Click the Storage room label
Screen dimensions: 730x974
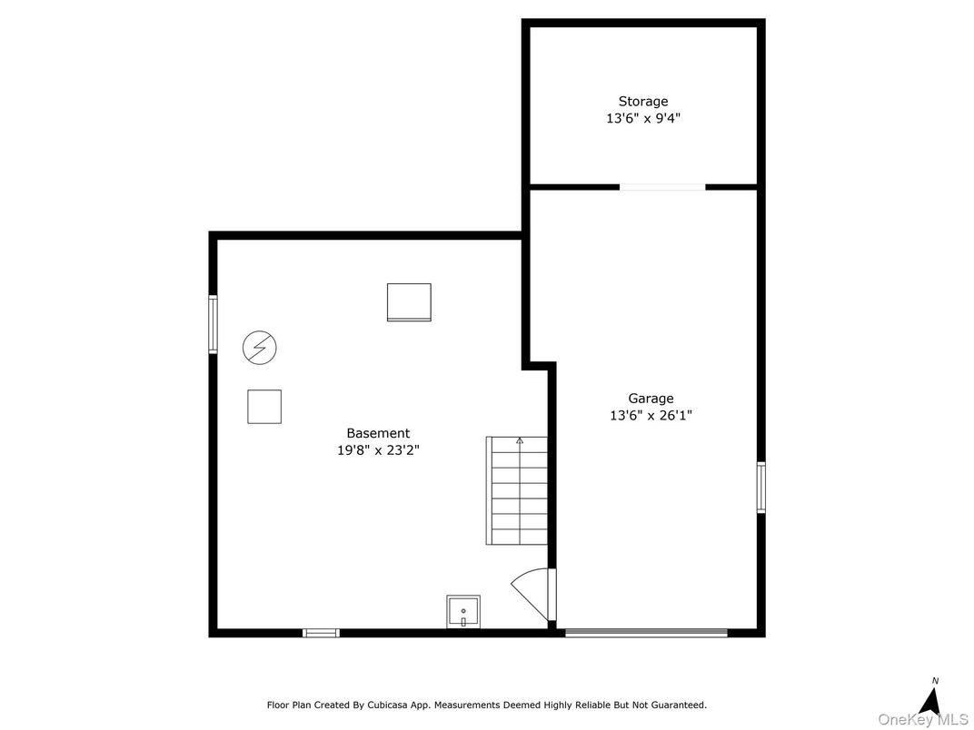pyautogui.click(x=643, y=102)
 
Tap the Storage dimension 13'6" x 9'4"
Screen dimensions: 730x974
pyautogui.click(x=643, y=118)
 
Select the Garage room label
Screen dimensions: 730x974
pyautogui.click(x=651, y=399)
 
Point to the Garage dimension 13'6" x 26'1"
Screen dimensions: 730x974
pyautogui.click(x=651, y=416)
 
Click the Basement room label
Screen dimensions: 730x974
pyautogui.click(x=378, y=434)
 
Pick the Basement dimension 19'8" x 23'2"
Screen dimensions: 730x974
pyautogui.click(x=378, y=449)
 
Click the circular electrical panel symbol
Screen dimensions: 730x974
pyautogui.click(x=260, y=347)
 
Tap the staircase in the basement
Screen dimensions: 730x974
pyautogui.click(x=517, y=490)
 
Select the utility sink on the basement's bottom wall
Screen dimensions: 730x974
pyautogui.click(x=463, y=612)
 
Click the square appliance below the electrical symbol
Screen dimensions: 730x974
pyautogui.click(x=264, y=406)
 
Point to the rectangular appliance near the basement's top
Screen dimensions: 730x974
pyautogui.click(x=409, y=302)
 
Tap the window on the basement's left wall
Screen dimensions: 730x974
pyautogui.click(x=214, y=324)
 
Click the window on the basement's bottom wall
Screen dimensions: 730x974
pyautogui.click(x=321, y=633)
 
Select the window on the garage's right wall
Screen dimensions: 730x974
pyautogui.click(x=761, y=488)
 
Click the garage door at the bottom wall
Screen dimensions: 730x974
pyautogui.click(x=646, y=633)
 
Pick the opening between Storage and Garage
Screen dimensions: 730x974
pyautogui.click(x=662, y=187)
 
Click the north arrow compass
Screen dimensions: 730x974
pyautogui.click(x=929, y=699)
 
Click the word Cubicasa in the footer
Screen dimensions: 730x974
pyautogui.click(x=382, y=705)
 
